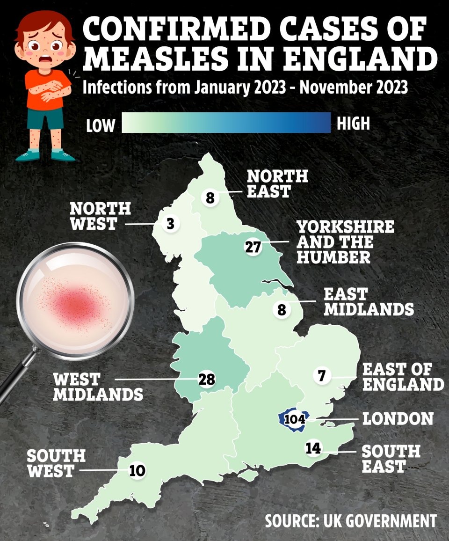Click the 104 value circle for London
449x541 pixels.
[x=294, y=419]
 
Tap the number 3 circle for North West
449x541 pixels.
[x=170, y=224]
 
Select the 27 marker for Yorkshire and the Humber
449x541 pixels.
[x=253, y=247]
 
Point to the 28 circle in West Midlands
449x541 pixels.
[x=206, y=380]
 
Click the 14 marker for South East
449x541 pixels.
[x=313, y=448]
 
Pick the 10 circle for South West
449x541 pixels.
[x=137, y=470]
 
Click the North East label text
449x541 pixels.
[x=277, y=183]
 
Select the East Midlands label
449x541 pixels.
[x=369, y=302]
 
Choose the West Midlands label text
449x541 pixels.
[x=97, y=386]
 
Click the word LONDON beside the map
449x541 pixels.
[x=398, y=418]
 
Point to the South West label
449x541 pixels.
[x=56, y=463]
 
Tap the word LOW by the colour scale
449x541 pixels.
[x=100, y=125]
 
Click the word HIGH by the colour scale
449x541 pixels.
[x=354, y=123]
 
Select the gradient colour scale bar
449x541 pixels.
[x=226, y=123]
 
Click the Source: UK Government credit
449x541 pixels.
[x=350, y=521]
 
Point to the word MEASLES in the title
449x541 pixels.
[x=159, y=59]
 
